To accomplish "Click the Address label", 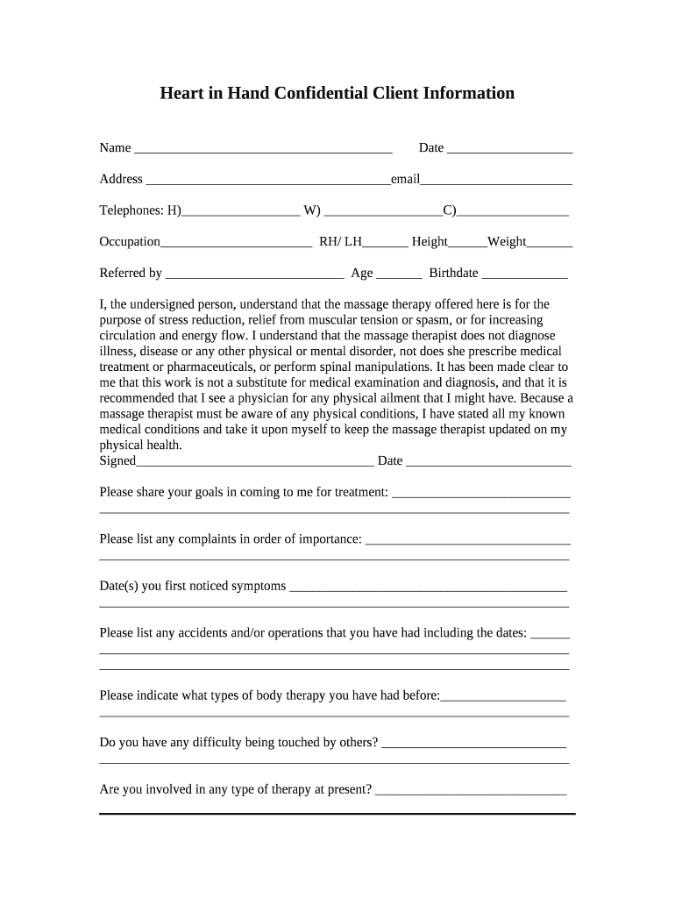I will pos(121,179).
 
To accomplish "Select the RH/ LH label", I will pos(340,242).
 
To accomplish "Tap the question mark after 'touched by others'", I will pos(375,743).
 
